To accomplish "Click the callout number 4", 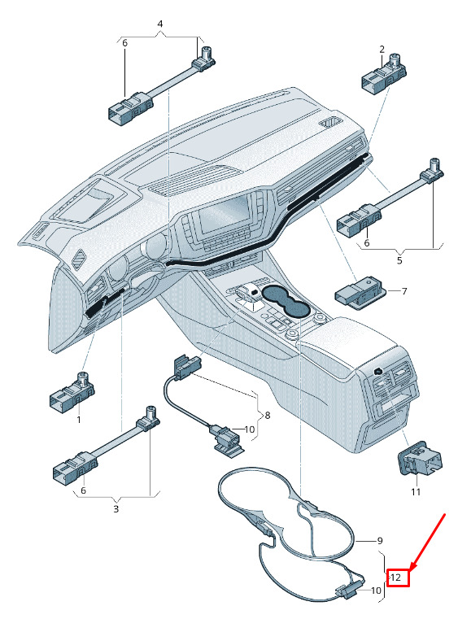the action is (160, 24).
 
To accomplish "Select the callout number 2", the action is (382, 50).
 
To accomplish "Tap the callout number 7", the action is (404, 291).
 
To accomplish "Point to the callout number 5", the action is (399, 260).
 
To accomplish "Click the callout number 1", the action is (79, 419).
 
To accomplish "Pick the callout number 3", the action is (116, 509).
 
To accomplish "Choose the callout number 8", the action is (268, 416).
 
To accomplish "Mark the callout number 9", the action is (380, 540).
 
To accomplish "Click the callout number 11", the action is (416, 492).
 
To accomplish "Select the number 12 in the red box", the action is (395, 578).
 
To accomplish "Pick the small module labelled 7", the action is (359, 293).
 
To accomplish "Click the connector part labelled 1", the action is (72, 392).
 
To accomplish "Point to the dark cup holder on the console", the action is (285, 302).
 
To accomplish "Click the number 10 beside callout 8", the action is (250, 429).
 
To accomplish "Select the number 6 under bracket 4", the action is (124, 43).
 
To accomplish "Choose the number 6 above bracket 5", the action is (367, 242).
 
